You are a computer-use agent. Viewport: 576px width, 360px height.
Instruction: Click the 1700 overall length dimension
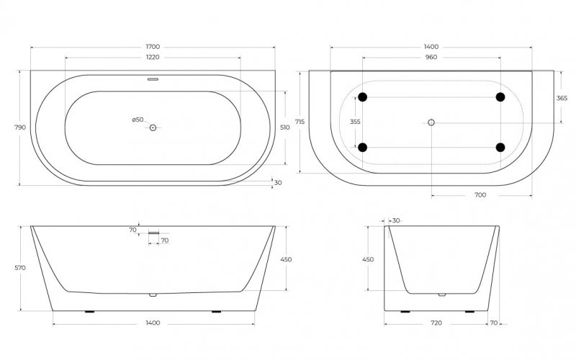153,47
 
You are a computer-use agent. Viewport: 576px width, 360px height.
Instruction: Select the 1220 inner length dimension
153,57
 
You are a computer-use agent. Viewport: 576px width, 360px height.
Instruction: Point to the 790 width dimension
20,127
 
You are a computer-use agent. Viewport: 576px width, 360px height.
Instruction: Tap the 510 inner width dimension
285,127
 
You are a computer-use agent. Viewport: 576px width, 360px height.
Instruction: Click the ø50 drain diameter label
138,120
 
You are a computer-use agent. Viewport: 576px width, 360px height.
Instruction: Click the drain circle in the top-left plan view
153,127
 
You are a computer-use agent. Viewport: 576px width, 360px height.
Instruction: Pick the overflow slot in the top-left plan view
153,79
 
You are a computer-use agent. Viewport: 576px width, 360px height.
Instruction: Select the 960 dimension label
431,57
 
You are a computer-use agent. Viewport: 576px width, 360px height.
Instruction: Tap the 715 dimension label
300,122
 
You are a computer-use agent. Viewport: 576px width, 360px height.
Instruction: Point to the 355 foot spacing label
355,122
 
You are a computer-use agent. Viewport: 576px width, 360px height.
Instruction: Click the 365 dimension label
562,98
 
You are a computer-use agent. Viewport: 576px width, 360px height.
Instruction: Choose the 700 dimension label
480,195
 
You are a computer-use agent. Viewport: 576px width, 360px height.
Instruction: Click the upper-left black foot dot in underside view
363,97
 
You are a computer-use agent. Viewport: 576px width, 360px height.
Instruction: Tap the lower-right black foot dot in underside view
500,148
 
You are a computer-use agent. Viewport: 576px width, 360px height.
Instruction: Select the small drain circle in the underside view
431,122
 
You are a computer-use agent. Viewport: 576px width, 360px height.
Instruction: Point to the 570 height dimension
20,268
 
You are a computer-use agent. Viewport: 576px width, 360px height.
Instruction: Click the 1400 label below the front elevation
153,323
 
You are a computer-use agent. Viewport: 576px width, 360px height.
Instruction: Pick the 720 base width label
436,323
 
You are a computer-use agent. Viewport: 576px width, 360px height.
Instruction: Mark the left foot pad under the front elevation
89,312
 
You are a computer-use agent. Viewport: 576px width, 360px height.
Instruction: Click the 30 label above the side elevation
395,220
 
